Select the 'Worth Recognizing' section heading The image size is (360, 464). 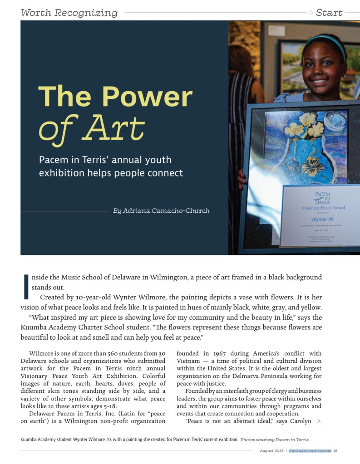click(69, 13)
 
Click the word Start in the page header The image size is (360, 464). click(329, 13)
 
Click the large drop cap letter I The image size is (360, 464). click(25, 286)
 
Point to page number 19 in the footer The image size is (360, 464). click(335, 450)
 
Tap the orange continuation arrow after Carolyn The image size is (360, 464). click(319, 421)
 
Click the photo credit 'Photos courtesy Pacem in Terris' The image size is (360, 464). click(274, 440)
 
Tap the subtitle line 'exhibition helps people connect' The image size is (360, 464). click(111, 173)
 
